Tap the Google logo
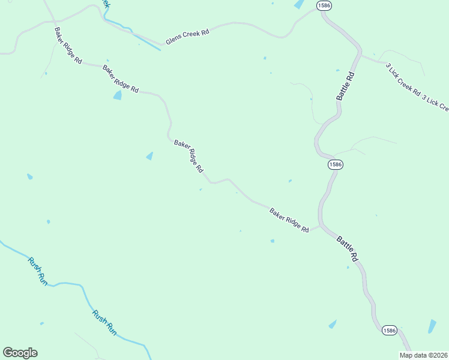pyautogui.click(x=20, y=353)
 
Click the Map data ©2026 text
pyautogui.click(x=423, y=355)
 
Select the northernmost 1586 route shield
pyautogui.click(x=324, y=5)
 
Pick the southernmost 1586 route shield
pyautogui.click(x=389, y=331)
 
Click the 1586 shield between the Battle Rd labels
pyautogui.click(x=335, y=164)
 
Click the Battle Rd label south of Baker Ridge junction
pyautogui.click(x=347, y=248)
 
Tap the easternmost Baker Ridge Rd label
pyautogui.click(x=289, y=220)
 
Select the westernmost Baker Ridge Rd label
pyautogui.click(x=68, y=46)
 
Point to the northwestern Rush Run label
pyautogui.click(x=37, y=270)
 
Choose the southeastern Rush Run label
pyautogui.click(x=104, y=322)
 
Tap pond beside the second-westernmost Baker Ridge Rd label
pyautogui.click(x=117, y=95)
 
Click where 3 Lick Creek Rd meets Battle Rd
pyautogui.click(x=361, y=55)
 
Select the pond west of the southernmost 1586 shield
pyautogui.click(x=333, y=324)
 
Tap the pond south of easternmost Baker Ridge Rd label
pyautogui.click(x=272, y=241)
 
